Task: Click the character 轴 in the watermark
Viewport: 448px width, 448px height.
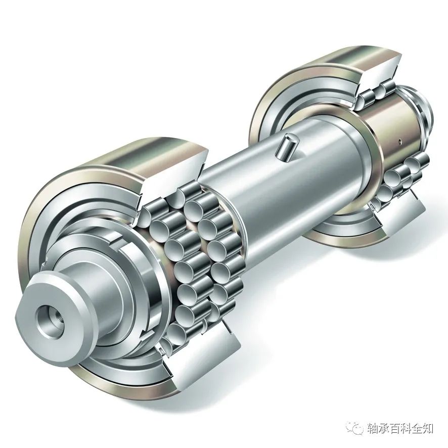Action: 371,428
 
